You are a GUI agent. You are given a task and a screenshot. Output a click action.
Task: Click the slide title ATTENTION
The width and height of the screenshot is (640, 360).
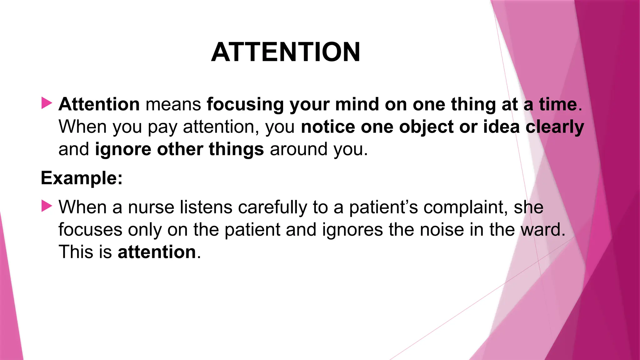tap(286, 52)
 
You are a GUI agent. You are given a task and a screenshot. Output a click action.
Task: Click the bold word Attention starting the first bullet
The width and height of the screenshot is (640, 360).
tap(99, 104)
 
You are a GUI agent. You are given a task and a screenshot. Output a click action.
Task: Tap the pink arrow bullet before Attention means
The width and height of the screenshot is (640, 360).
tap(47, 103)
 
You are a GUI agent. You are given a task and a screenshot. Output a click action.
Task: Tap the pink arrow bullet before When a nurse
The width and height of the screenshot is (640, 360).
tap(47, 206)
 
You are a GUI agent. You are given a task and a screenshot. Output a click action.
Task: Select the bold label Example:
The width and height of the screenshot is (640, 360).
tap(82, 178)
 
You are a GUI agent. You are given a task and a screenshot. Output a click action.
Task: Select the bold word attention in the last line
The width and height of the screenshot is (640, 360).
tap(157, 252)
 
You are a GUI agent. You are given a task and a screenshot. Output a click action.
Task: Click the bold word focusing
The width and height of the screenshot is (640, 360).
tap(245, 105)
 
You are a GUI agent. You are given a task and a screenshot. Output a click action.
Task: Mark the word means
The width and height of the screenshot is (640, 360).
tap(173, 105)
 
